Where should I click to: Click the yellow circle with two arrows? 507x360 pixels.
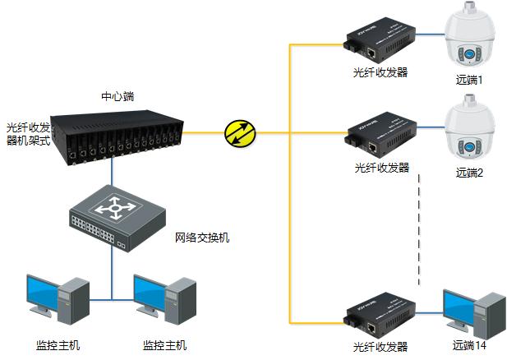(240, 133)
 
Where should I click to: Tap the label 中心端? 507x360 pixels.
(118, 96)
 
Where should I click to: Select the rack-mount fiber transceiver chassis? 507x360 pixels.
(117, 137)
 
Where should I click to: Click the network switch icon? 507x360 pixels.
(117, 219)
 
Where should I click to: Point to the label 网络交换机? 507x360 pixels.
(202, 238)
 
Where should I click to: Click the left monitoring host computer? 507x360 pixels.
(58, 299)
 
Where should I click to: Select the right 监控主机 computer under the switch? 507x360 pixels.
(165, 299)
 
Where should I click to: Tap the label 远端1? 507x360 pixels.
(469, 80)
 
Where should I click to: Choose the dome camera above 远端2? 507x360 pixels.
(469, 127)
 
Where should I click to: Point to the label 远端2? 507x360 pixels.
(469, 173)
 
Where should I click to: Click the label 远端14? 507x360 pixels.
(469, 345)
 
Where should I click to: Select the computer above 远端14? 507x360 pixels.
(474, 314)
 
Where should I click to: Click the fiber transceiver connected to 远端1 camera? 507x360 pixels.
(380, 40)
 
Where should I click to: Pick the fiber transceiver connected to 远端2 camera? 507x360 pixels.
(380, 135)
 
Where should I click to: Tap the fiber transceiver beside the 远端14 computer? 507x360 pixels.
(380, 316)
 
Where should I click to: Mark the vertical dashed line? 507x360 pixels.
(419, 230)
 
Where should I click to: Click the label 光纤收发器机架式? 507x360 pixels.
(29, 134)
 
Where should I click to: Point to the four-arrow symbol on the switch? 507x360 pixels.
(115, 208)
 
